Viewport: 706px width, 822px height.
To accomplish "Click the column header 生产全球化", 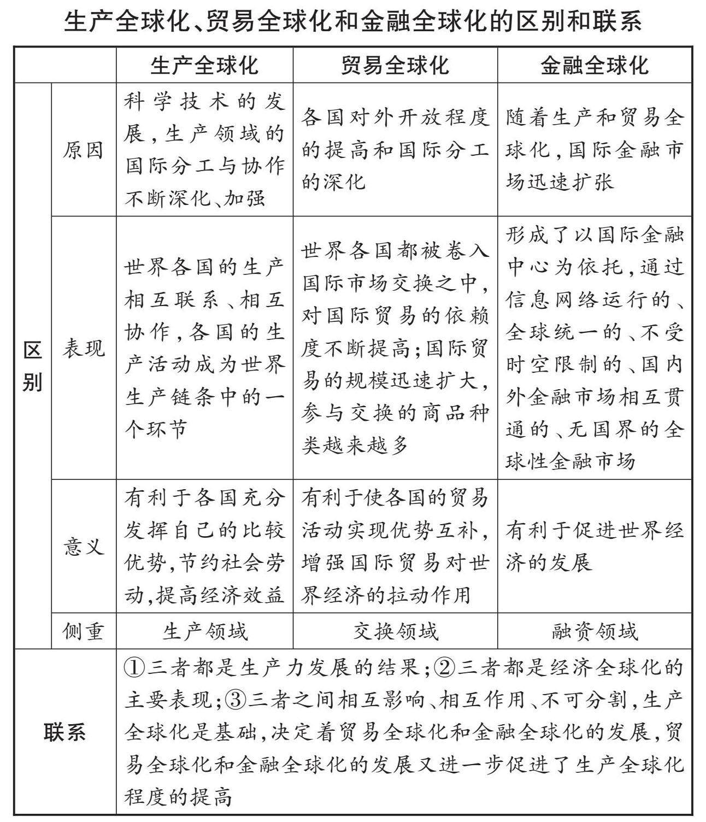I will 204,66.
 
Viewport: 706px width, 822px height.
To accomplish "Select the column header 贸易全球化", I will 395,66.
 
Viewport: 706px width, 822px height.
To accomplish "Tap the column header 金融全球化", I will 595,66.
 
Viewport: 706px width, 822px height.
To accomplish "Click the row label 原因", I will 83,150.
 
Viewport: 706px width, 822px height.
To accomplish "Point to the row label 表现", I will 83,348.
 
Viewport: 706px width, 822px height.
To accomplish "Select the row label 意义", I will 83,546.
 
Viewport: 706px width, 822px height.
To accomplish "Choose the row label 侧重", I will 83,631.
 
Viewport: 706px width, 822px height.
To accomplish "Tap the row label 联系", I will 64,732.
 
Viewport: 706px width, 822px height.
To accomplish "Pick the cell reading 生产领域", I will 204,631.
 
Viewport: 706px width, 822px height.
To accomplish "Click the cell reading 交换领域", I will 395,631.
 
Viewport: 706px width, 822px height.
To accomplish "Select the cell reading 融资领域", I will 595,631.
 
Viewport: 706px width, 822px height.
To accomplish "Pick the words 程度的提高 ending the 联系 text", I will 178,797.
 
